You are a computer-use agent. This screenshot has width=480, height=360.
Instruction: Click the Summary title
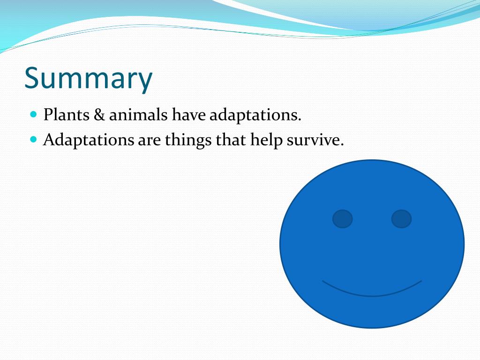pyautogui.click(x=88, y=78)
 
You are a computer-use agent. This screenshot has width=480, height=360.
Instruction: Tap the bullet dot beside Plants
pyautogui.click(x=34, y=114)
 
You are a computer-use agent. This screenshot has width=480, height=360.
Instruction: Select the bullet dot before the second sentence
pyautogui.click(x=34, y=140)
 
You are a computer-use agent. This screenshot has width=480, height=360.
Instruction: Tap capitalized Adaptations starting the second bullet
pyautogui.click(x=89, y=140)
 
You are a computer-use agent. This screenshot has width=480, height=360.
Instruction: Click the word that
pyautogui.click(x=231, y=140)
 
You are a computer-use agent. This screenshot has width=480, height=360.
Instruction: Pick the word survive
pyautogui.click(x=313, y=140)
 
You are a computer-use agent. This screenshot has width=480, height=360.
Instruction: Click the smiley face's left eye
pyautogui.click(x=343, y=219)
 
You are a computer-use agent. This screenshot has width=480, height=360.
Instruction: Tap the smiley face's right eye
pyautogui.click(x=401, y=219)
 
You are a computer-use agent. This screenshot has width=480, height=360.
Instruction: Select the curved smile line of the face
pyautogui.click(x=372, y=296)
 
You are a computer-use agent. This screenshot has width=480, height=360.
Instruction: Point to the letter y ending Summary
pyautogui.click(x=144, y=82)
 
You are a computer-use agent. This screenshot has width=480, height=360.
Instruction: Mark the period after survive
pyautogui.click(x=342, y=144)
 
